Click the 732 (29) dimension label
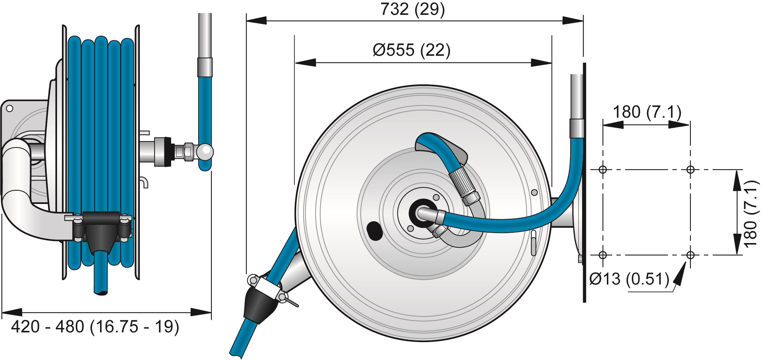coord(413,9)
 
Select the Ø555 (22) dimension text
coord(412,51)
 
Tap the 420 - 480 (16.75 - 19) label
coord(95,327)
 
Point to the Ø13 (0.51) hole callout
coord(629,279)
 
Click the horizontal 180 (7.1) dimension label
coord(647,112)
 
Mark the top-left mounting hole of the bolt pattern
coord(603,169)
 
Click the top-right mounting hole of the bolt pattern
coord(690,169)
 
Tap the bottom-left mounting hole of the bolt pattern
coord(603,255)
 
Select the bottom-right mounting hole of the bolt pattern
coord(690,255)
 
